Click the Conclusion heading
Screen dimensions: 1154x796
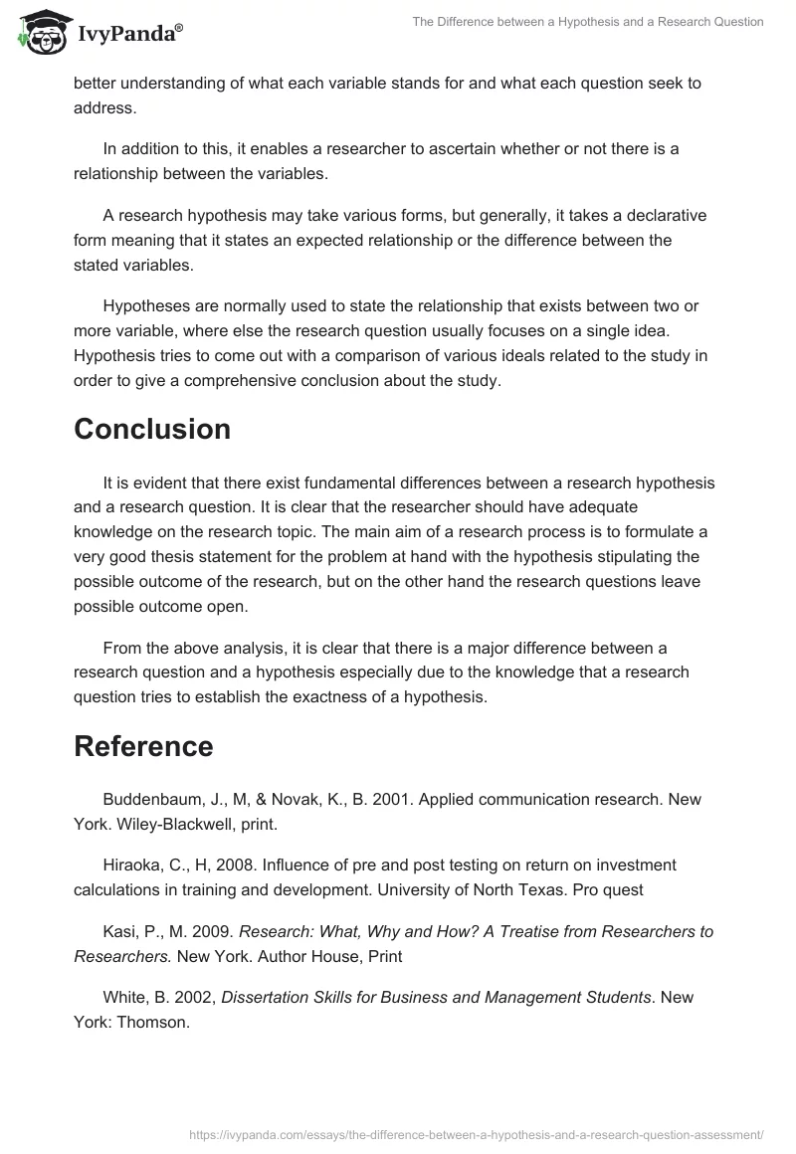[x=152, y=429]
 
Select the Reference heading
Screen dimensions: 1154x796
[x=143, y=746]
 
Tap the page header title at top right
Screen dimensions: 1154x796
[x=588, y=22]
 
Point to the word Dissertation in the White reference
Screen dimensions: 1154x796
[x=270, y=998]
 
